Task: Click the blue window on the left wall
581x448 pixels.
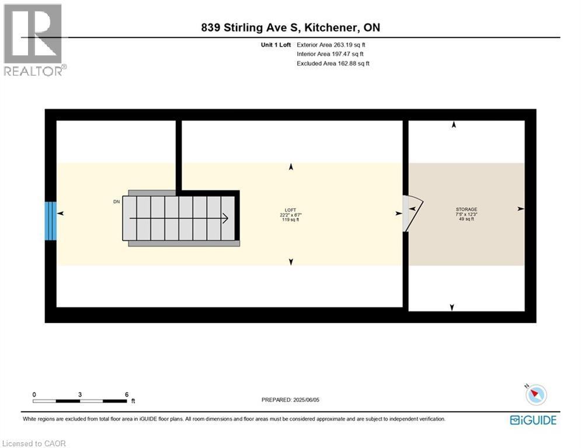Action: (51, 221)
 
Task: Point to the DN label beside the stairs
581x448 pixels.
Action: (116, 202)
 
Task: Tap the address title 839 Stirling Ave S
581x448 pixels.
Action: (290, 28)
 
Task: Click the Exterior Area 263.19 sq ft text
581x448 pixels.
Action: (331, 45)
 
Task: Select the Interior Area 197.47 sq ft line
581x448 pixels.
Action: (330, 54)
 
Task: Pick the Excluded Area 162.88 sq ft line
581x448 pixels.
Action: (333, 64)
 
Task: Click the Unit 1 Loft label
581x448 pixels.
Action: (274, 45)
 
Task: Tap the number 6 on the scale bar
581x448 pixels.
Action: (127, 394)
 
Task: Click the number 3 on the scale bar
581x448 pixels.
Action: (80, 394)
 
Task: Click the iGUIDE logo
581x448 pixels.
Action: (533, 420)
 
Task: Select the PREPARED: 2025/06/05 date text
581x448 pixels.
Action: (290, 400)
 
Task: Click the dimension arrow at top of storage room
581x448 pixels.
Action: (454, 125)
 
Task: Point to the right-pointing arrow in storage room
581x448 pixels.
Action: (521, 209)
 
